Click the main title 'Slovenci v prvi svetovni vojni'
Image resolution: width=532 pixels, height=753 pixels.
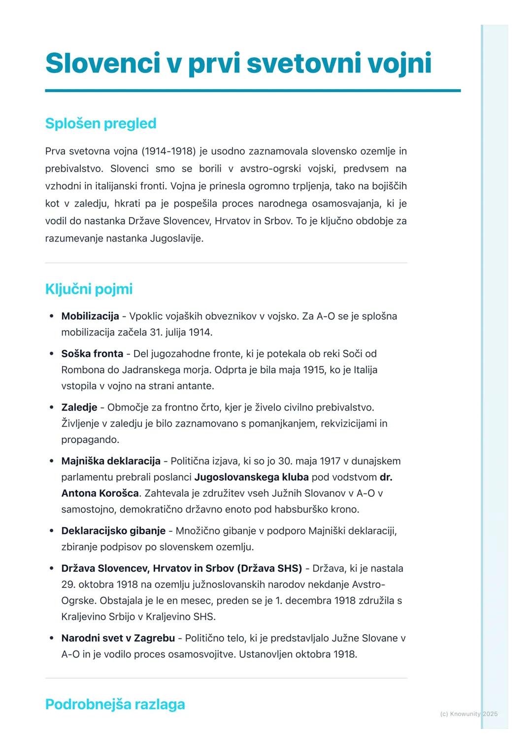[x=238, y=64]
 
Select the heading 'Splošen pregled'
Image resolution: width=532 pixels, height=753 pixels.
[x=100, y=123]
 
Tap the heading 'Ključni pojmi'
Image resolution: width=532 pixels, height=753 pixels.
[x=89, y=289]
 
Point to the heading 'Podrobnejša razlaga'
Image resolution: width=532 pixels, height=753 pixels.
[x=115, y=704]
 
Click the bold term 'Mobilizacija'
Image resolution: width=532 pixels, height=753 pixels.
[x=90, y=316]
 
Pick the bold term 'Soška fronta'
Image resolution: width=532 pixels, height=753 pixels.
[x=92, y=354]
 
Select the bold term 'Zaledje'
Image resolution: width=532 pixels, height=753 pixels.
[x=79, y=408]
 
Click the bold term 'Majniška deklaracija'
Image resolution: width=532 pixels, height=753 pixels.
[x=111, y=461]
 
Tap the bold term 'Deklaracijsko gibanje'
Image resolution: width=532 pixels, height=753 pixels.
[x=113, y=531]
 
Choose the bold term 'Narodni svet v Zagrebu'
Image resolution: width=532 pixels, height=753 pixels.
[x=118, y=639]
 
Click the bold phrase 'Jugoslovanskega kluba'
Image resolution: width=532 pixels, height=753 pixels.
[x=251, y=478]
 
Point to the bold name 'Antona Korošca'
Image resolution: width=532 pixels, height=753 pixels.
[x=100, y=493]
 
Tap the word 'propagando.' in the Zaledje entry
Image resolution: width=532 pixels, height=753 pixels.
[x=90, y=440]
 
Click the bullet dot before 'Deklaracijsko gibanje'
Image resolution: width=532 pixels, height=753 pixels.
[x=52, y=531]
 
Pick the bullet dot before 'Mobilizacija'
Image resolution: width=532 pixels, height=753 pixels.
[x=52, y=316]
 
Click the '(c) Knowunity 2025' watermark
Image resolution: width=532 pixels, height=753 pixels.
[x=468, y=714]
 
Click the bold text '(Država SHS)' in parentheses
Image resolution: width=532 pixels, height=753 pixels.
[x=269, y=569]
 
